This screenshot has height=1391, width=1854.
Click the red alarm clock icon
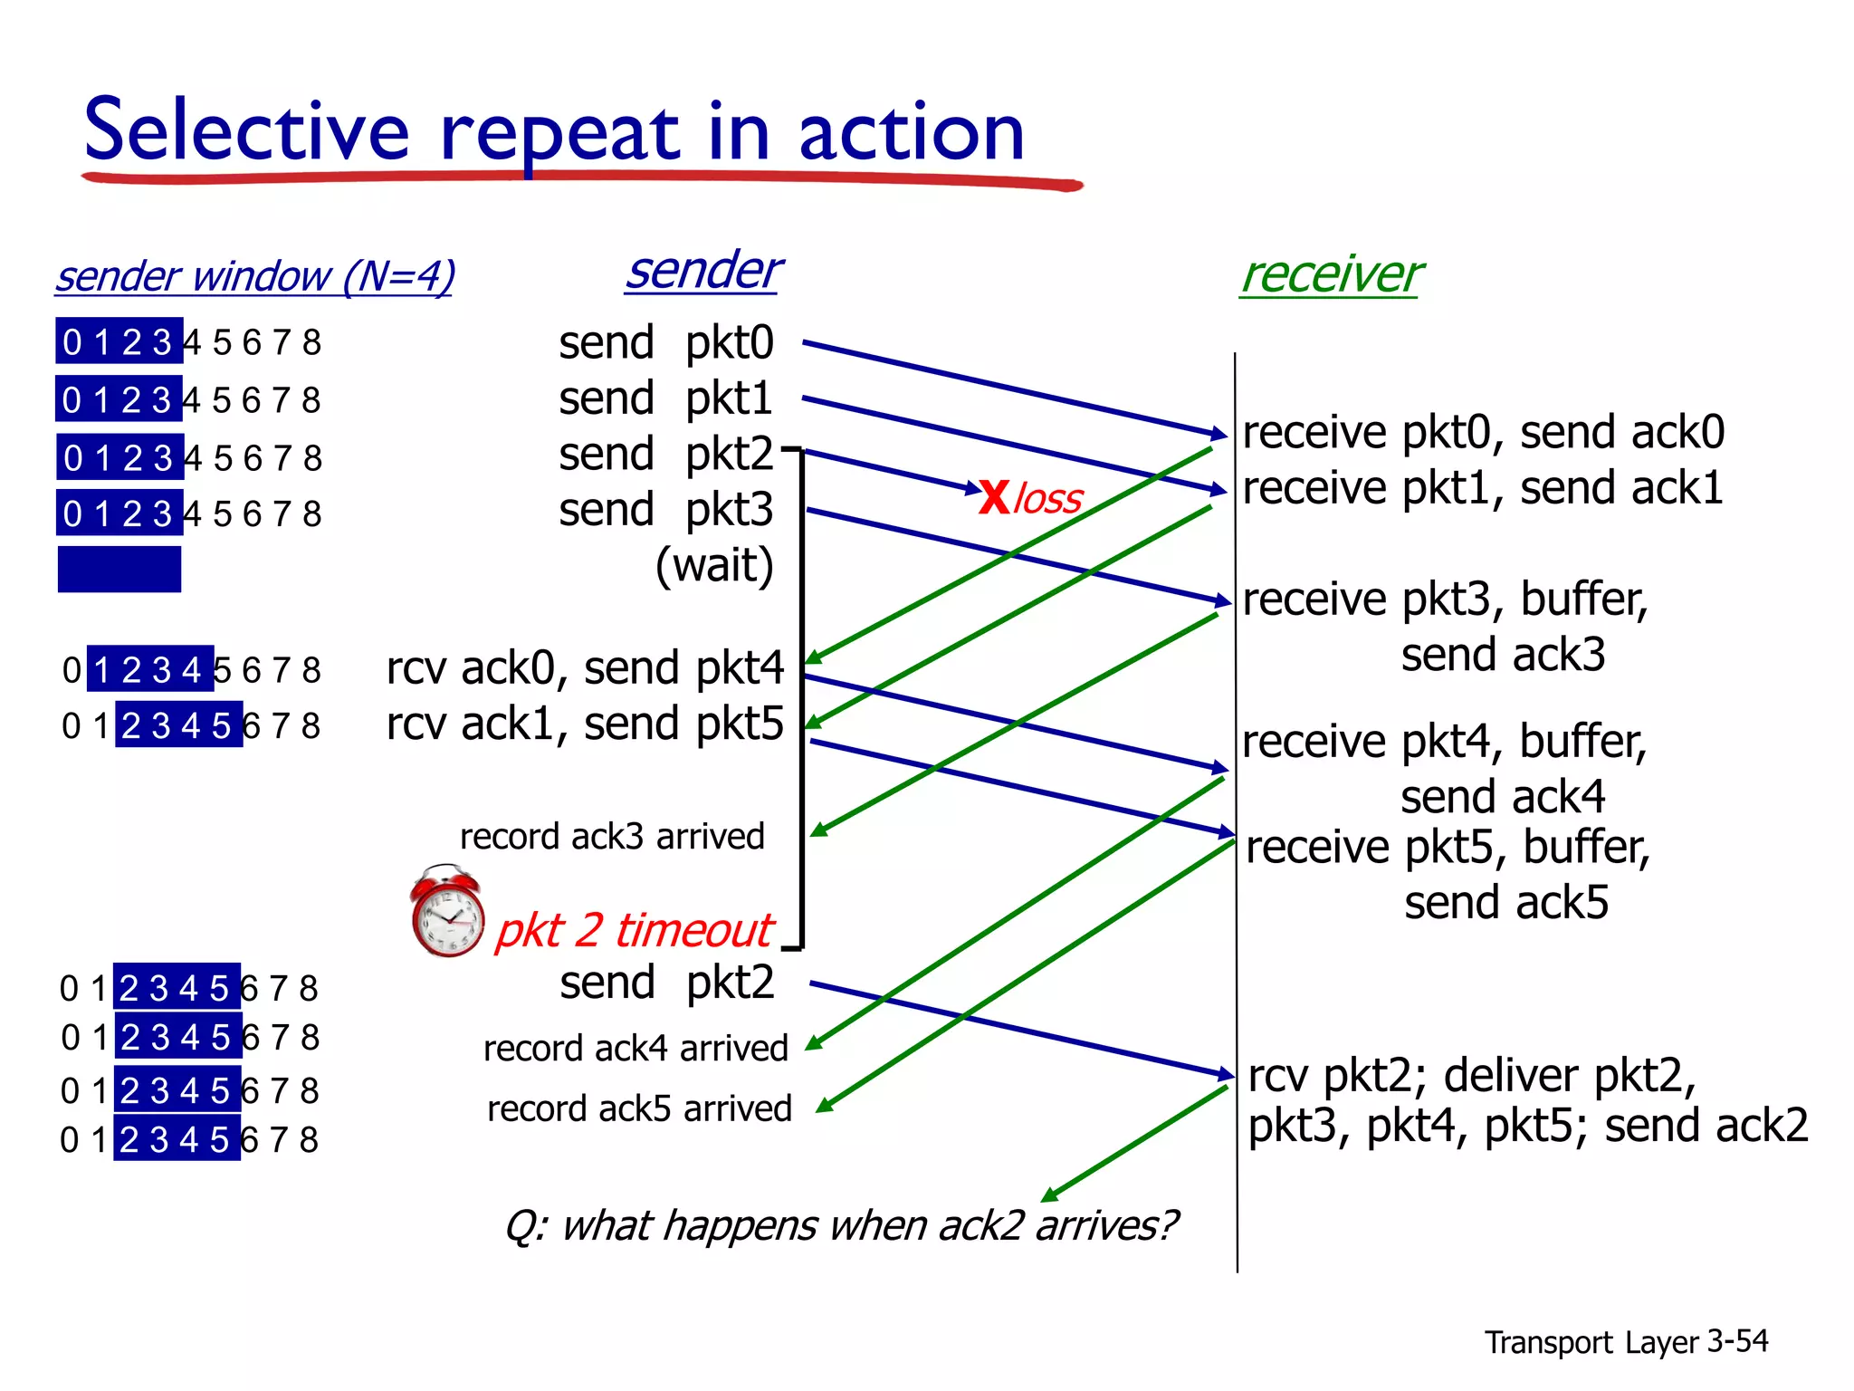[x=446, y=912]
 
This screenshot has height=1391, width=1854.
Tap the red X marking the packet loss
[x=994, y=497]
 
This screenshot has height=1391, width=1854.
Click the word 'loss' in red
[x=1047, y=499]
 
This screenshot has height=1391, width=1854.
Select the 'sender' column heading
[x=703, y=271]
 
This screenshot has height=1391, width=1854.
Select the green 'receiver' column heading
[x=1331, y=274]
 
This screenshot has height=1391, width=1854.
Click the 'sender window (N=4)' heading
[x=254, y=276]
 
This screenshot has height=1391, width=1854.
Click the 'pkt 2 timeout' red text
[x=634, y=930]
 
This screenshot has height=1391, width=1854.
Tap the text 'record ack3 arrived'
[x=612, y=836]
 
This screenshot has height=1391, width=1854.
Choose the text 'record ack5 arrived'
[x=639, y=1108]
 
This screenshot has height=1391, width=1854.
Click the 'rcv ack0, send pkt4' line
[x=585, y=668]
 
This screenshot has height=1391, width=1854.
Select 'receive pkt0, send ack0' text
[x=1483, y=432]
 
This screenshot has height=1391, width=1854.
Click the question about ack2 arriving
[x=841, y=1225]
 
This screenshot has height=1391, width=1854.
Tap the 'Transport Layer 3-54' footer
[x=1626, y=1341]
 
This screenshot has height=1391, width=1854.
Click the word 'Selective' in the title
[x=247, y=131]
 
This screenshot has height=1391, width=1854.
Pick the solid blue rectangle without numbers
[x=119, y=569]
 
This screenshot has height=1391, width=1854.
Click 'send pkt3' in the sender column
[x=665, y=510]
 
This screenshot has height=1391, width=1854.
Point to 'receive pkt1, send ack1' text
[x=1482, y=488]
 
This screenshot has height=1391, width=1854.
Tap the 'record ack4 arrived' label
[x=636, y=1049]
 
